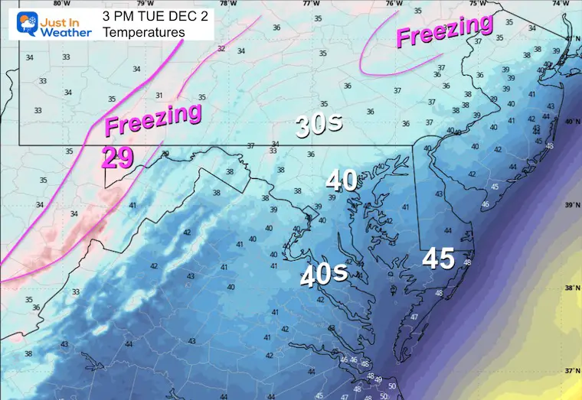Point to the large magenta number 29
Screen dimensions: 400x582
[x=118, y=158]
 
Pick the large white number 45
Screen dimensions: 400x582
[x=440, y=259]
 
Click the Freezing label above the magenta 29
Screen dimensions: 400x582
[x=153, y=119]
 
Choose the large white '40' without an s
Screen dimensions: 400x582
[x=342, y=180]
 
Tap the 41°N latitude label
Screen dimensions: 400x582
[x=570, y=38]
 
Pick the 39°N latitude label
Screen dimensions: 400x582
[x=570, y=205]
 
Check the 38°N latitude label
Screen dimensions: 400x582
[x=570, y=289]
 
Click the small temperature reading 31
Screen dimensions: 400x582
[x=159, y=95]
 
